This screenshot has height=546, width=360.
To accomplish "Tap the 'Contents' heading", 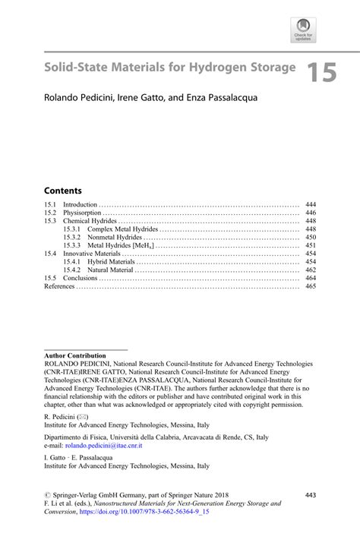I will (x=63, y=190).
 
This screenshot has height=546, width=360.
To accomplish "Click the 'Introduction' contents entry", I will (x=80, y=205).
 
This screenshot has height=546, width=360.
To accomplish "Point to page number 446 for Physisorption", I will (x=310, y=213).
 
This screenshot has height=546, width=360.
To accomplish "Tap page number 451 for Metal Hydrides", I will (x=310, y=246).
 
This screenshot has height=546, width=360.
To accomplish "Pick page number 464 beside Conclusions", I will (x=310, y=278).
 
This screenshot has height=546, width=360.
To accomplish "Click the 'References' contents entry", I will (x=60, y=286).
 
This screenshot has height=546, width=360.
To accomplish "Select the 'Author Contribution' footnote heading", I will (x=75, y=355).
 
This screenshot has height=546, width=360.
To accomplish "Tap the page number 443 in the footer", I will (x=309, y=494).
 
